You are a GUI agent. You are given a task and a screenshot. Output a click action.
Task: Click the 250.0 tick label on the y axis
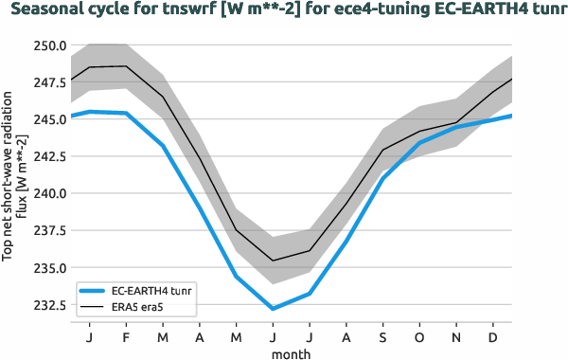(x=48, y=45)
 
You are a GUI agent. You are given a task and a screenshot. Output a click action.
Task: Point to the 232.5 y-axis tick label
(x=48, y=305)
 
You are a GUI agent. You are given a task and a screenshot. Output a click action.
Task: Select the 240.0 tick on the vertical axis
(x=48, y=193)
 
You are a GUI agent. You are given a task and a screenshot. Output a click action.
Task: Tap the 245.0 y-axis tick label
(x=48, y=119)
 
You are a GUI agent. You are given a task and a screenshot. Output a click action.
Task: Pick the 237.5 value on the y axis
(x=48, y=230)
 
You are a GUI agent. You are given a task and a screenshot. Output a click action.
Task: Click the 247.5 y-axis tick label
(x=48, y=82)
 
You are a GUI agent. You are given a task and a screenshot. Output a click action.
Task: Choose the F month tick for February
(x=126, y=337)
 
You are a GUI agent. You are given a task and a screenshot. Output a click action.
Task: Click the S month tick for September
(x=382, y=337)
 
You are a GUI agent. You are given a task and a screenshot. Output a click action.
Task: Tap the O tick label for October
(x=419, y=337)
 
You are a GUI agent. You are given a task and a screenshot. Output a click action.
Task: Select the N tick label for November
(x=456, y=337)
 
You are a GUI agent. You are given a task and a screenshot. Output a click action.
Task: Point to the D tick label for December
(x=493, y=337)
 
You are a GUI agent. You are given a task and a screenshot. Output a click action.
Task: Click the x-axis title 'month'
(x=292, y=353)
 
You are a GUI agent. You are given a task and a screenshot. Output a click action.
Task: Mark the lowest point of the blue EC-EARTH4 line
(x=273, y=309)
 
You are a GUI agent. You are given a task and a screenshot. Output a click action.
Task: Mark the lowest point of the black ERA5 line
(x=273, y=261)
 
